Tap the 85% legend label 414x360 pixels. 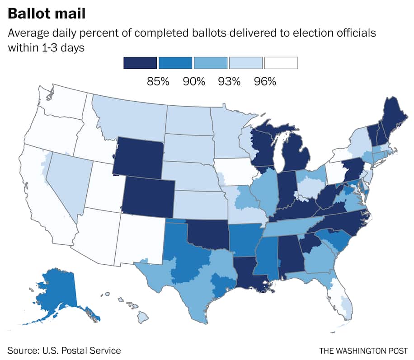[158, 82]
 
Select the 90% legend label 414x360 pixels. [193, 82]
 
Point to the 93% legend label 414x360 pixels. [229, 82]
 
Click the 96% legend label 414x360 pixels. [264, 82]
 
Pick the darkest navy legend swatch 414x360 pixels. [140, 63]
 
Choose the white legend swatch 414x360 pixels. [281, 63]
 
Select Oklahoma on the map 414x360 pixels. [208, 235]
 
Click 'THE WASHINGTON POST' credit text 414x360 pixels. [362, 351]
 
